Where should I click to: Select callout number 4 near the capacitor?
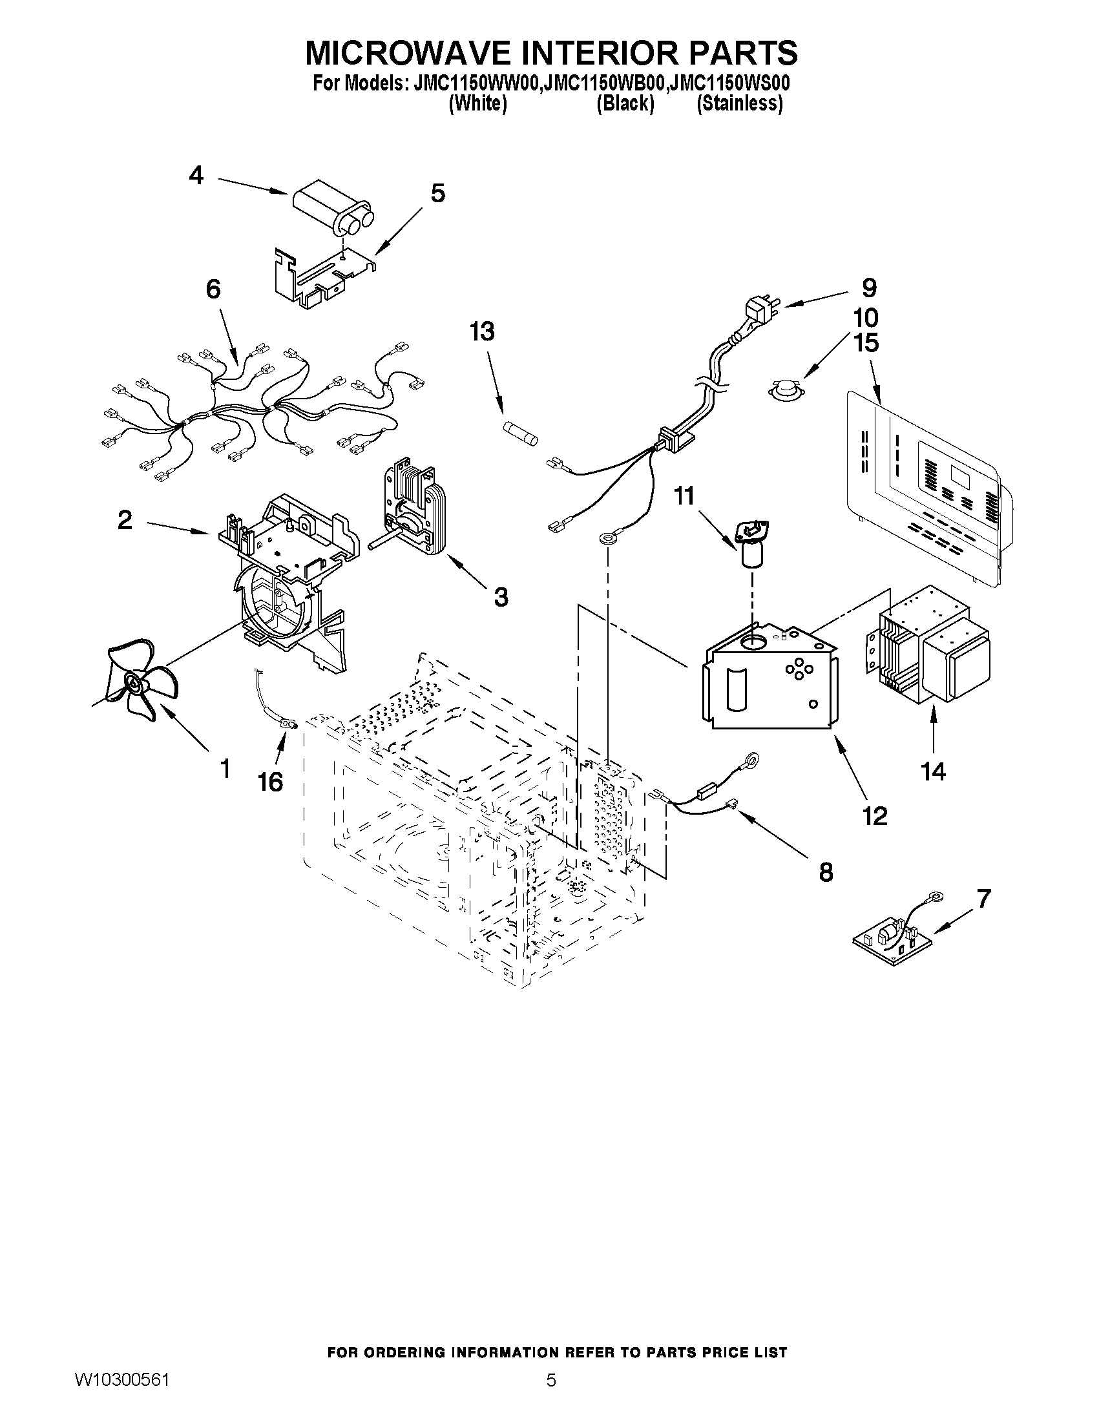click(196, 176)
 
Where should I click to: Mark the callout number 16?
click(270, 782)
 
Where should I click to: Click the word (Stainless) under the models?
click(739, 103)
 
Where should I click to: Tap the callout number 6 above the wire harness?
click(213, 289)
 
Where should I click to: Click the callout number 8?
click(826, 872)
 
